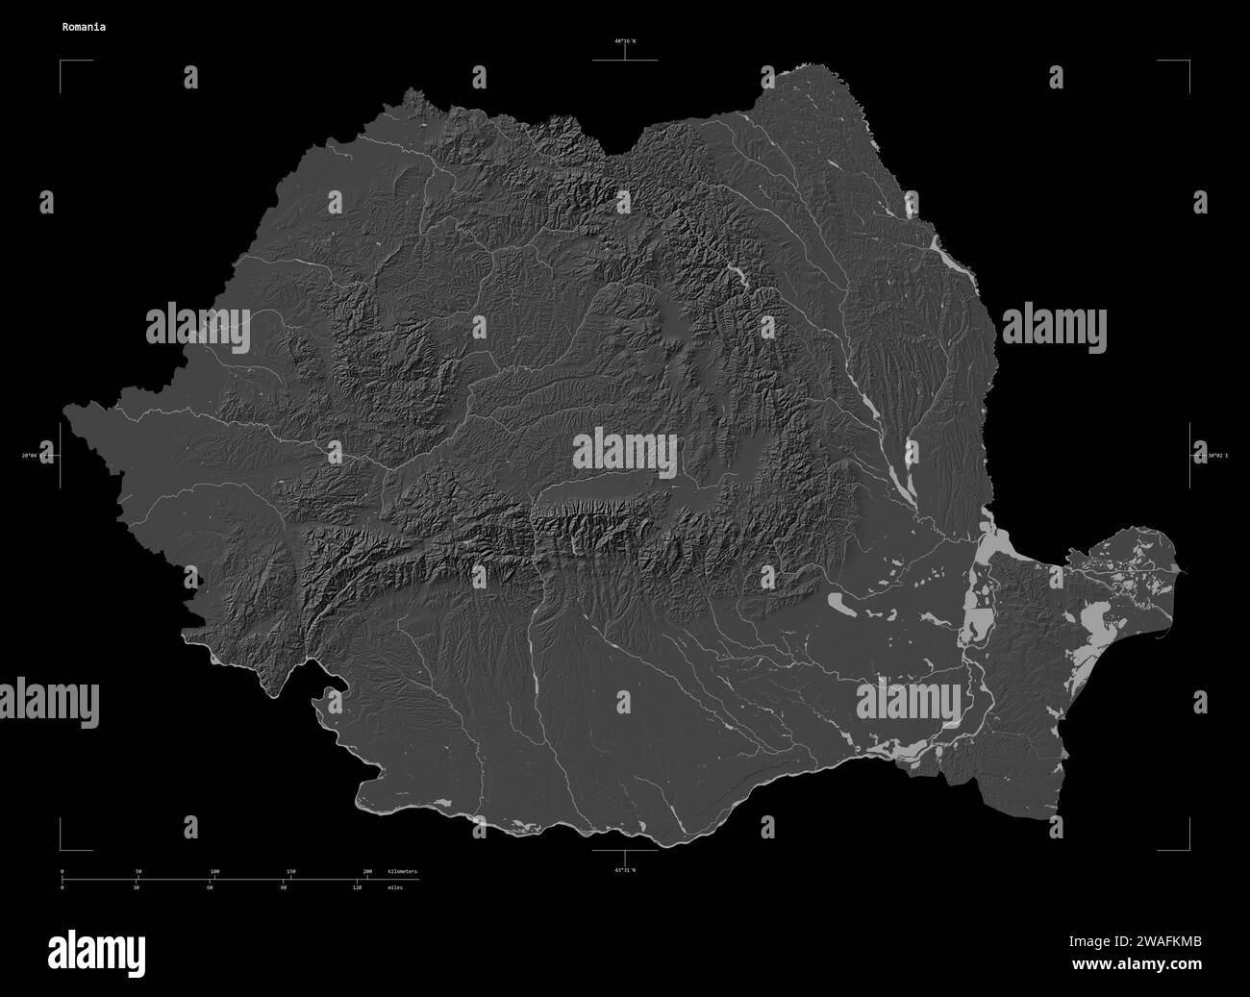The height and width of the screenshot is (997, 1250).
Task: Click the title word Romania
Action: click(x=85, y=27)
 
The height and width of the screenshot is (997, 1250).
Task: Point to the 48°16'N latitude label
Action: click(x=625, y=41)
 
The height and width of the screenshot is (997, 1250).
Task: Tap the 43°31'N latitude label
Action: click(x=625, y=869)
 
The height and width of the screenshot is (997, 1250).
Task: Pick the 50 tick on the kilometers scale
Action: click(x=138, y=871)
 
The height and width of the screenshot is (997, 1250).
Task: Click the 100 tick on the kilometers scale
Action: click(x=214, y=871)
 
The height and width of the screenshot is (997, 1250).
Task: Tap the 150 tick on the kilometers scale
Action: click(x=290, y=871)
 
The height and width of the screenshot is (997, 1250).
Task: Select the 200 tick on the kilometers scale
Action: click(x=366, y=871)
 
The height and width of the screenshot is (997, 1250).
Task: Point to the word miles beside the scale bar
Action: click(x=396, y=888)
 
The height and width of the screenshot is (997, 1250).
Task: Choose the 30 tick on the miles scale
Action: click(x=136, y=888)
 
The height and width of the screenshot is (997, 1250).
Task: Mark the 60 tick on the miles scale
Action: click(x=210, y=888)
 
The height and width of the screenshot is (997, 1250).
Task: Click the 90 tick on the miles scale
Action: click(x=283, y=888)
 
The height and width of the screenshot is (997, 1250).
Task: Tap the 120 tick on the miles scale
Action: click(x=357, y=888)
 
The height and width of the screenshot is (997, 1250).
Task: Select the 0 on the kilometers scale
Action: click(x=62, y=871)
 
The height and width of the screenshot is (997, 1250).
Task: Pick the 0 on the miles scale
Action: click(x=62, y=888)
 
